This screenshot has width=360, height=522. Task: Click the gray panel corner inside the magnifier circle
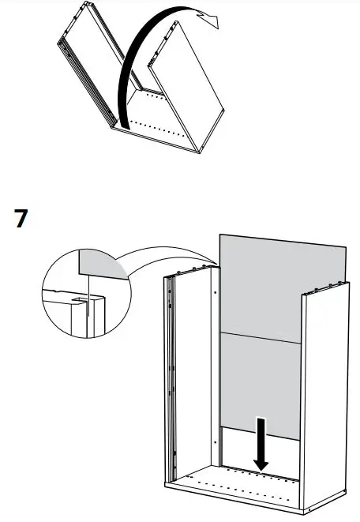[x=103, y=265]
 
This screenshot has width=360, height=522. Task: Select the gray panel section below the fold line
[x=261, y=383]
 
